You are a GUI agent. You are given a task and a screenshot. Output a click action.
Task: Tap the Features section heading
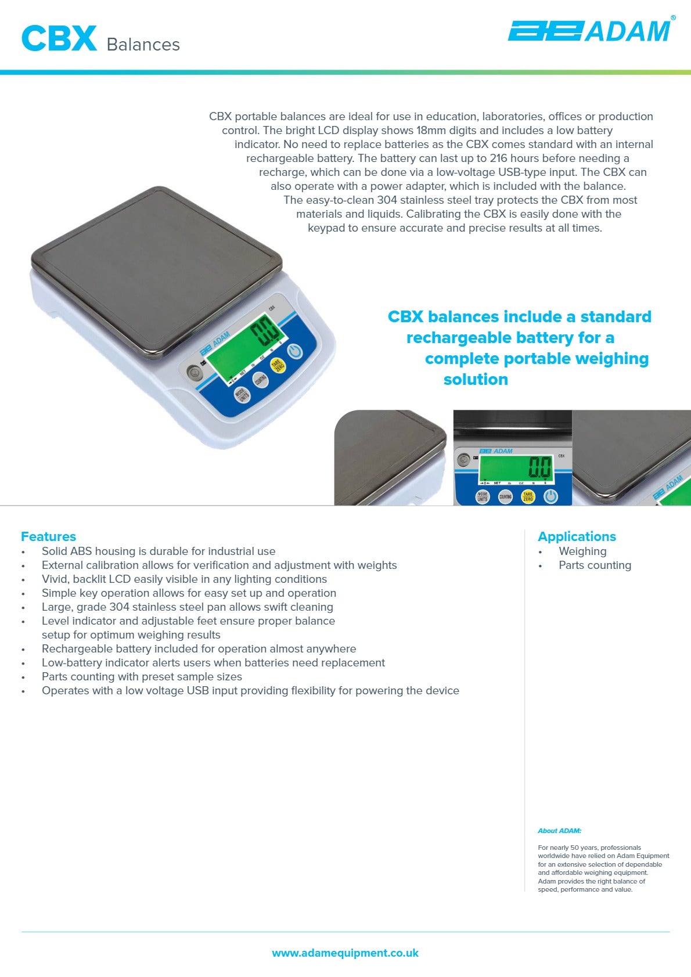(48, 536)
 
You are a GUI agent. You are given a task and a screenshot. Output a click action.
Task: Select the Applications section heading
(577, 536)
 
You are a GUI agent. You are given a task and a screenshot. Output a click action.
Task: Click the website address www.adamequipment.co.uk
(345, 953)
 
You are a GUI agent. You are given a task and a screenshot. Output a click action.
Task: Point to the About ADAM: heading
(559, 831)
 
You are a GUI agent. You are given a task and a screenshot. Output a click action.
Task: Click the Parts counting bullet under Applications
(595, 565)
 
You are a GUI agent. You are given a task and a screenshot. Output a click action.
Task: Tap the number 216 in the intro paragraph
(498, 158)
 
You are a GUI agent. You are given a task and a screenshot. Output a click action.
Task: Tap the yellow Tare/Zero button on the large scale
(279, 365)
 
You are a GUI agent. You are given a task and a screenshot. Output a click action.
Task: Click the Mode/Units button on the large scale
(243, 395)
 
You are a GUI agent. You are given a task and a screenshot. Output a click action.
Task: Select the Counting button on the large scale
(260, 380)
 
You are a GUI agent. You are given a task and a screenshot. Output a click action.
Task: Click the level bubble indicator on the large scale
(195, 372)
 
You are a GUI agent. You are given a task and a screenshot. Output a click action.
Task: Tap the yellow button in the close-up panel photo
(527, 497)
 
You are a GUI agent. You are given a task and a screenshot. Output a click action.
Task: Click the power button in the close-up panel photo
(550, 497)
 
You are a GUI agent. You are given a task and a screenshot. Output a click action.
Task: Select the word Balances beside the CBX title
(143, 45)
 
